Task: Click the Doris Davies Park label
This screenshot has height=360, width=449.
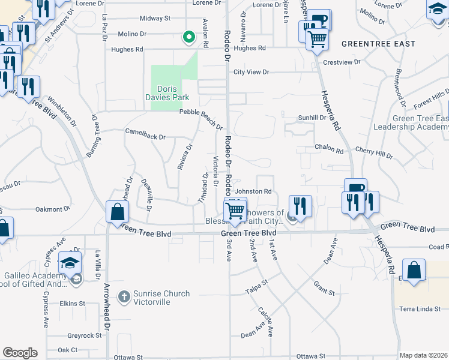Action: [x=167, y=93]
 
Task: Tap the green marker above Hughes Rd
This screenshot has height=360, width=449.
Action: [x=189, y=38]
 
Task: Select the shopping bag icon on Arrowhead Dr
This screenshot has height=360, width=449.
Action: [x=116, y=212]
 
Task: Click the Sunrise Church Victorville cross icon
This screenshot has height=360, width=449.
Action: [x=124, y=296]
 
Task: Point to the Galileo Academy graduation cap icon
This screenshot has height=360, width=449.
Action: [x=70, y=262]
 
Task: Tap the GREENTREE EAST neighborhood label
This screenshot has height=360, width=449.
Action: [x=378, y=44]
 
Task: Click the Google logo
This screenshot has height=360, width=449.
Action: [x=20, y=353]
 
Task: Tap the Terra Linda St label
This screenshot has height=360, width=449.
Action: [x=424, y=308]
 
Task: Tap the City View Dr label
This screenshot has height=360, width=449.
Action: [x=251, y=72]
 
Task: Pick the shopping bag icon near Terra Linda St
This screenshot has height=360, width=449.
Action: [x=414, y=270]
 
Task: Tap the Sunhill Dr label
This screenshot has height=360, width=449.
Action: [x=312, y=118]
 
